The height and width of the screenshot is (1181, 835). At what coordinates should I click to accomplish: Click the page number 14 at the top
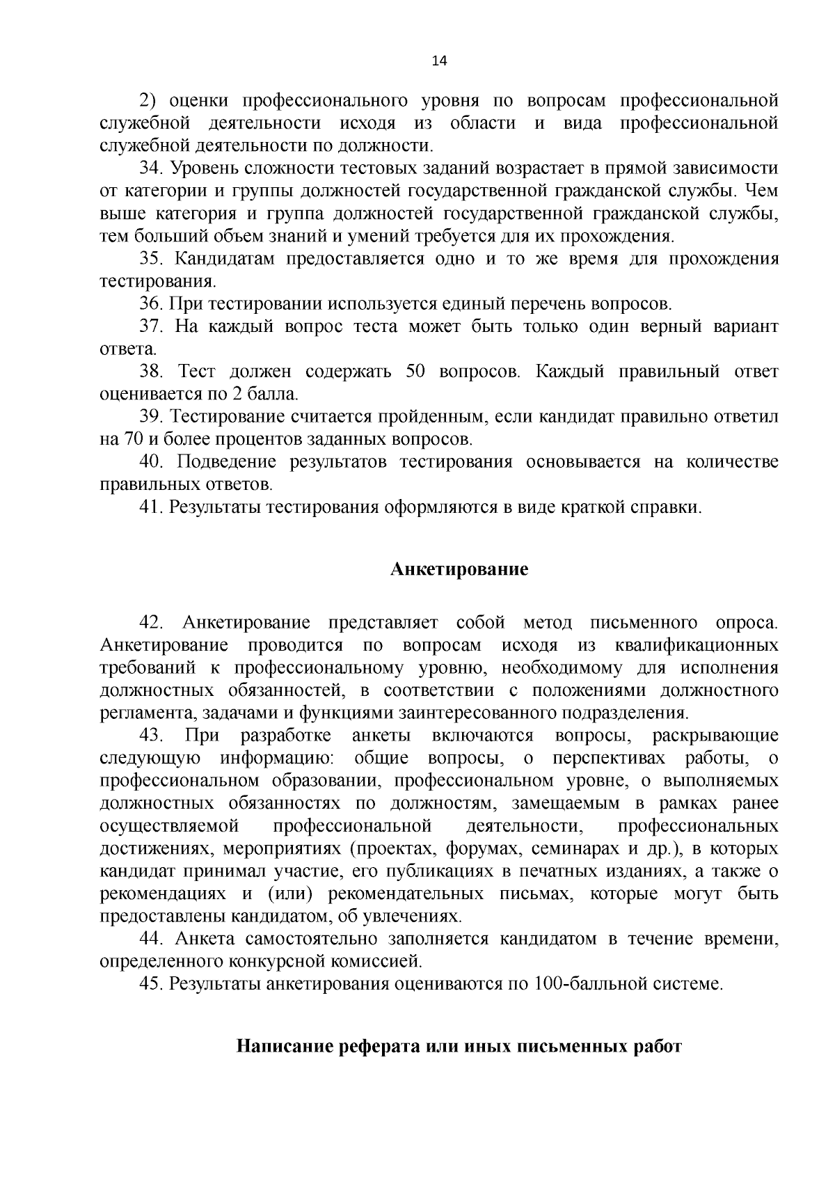pyautogui.click(x=439, y=61)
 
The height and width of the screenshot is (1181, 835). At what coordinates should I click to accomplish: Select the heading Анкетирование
pyautogui.click(x=459, y=570)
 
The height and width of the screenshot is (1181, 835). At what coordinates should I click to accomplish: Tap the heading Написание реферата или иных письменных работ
pyautogui.click(x=459, y=1047)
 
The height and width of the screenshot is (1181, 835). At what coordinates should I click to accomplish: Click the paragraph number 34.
pyautogui.click(x=150, y=169)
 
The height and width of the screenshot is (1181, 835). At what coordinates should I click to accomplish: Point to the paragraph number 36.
pyautogui.click(x=150, y=304)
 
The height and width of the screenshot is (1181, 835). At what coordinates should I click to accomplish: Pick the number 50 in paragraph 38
pyautogui.click(x=415, y=372)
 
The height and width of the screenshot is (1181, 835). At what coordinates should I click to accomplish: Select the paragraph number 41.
pyautogui.click(x=150, y=507)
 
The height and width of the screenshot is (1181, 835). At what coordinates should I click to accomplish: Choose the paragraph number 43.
pyautogui.click(x=151, y=736)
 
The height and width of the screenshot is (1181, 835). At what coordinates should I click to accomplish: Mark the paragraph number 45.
pyautogui.click(x=150, y=984)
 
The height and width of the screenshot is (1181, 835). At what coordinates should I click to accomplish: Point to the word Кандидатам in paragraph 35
pyautogui.click(x=222, y=260)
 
